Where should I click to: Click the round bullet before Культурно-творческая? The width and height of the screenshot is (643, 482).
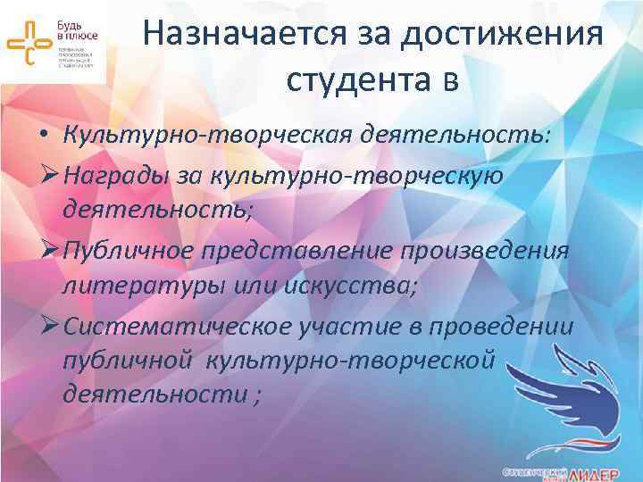42,137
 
